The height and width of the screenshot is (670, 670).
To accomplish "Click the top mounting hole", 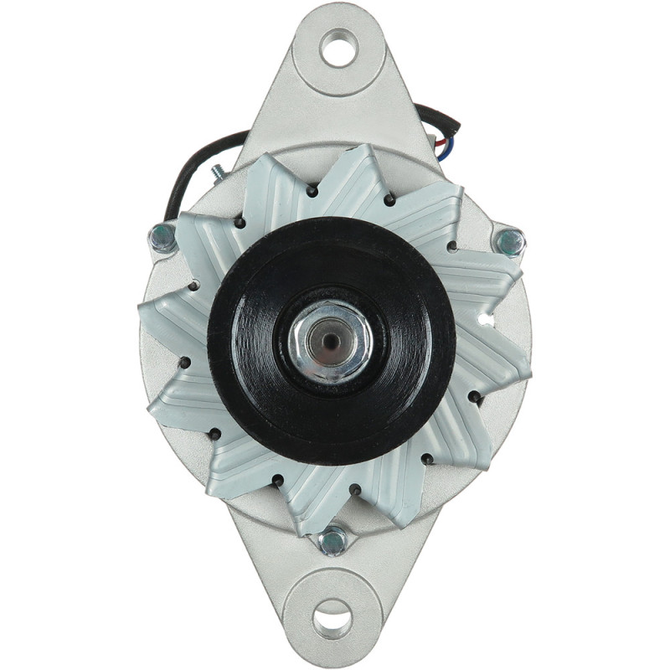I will [x=339, y=47].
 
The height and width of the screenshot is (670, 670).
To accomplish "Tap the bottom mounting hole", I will [x=332, y=618].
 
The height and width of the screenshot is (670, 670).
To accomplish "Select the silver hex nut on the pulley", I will [x=332, y=341].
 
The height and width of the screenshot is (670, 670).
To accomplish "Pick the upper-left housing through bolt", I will [x=162, y=238].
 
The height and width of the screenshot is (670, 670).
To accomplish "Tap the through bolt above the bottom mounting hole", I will [x=333, y=539].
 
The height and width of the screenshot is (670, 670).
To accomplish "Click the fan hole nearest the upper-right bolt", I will [x=452, y=246].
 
